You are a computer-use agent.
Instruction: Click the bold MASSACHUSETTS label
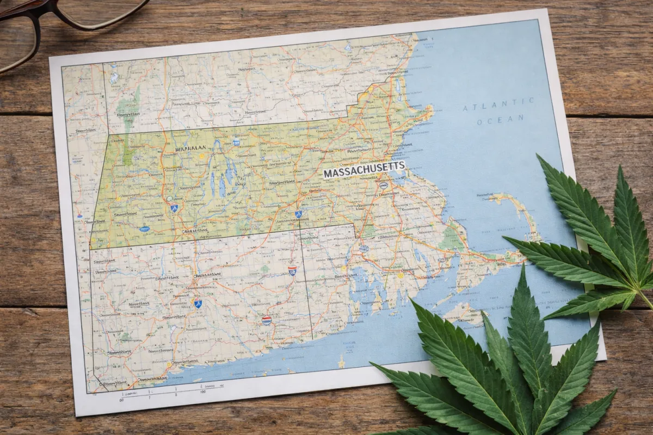364,169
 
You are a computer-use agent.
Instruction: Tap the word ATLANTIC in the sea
498,104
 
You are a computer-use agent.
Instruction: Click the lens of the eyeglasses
16,39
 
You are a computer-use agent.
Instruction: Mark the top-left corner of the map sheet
51,58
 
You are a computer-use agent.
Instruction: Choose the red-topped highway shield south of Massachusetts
292,270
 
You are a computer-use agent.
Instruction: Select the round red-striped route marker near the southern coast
266,320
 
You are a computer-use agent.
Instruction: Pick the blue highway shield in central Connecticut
198,302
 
